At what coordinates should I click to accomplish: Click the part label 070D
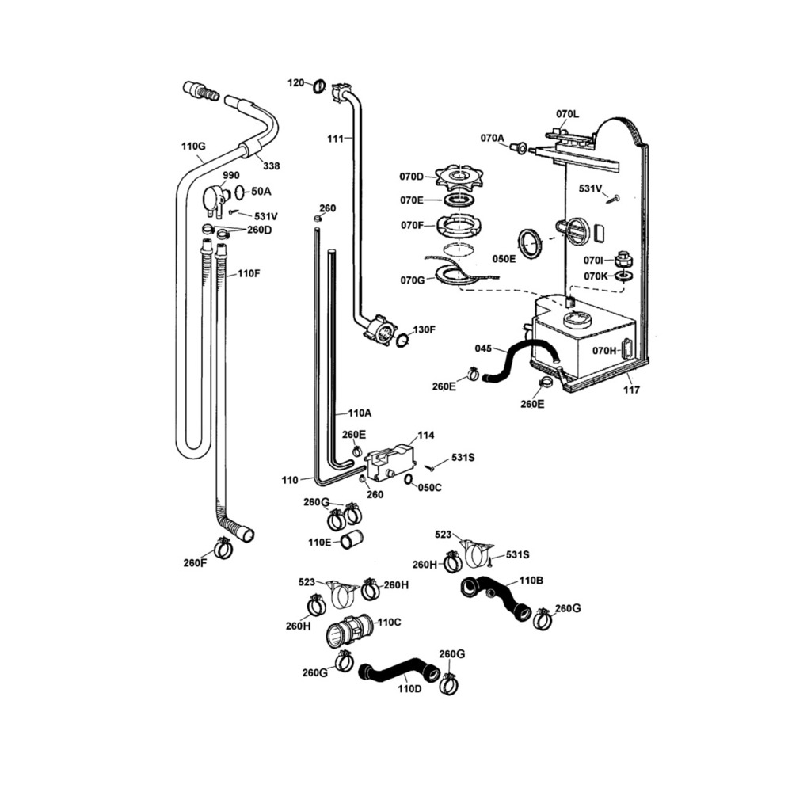click(411, 177)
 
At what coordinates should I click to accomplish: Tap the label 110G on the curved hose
click(193, 147)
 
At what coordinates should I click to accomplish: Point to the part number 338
click(271, 166)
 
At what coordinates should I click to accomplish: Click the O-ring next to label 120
click(319, 86)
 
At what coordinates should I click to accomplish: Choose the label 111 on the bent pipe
click(334, 139)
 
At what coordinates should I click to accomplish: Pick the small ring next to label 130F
click(402, 341)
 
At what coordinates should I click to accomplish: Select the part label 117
click(631, 390)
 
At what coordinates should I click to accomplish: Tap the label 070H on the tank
click(604, 351)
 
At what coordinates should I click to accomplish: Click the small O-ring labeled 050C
click(408, 479)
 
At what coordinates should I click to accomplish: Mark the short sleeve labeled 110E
click(352, 539)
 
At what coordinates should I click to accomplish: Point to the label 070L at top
click(568, 114)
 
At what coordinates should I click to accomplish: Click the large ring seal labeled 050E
click(530, 242)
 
